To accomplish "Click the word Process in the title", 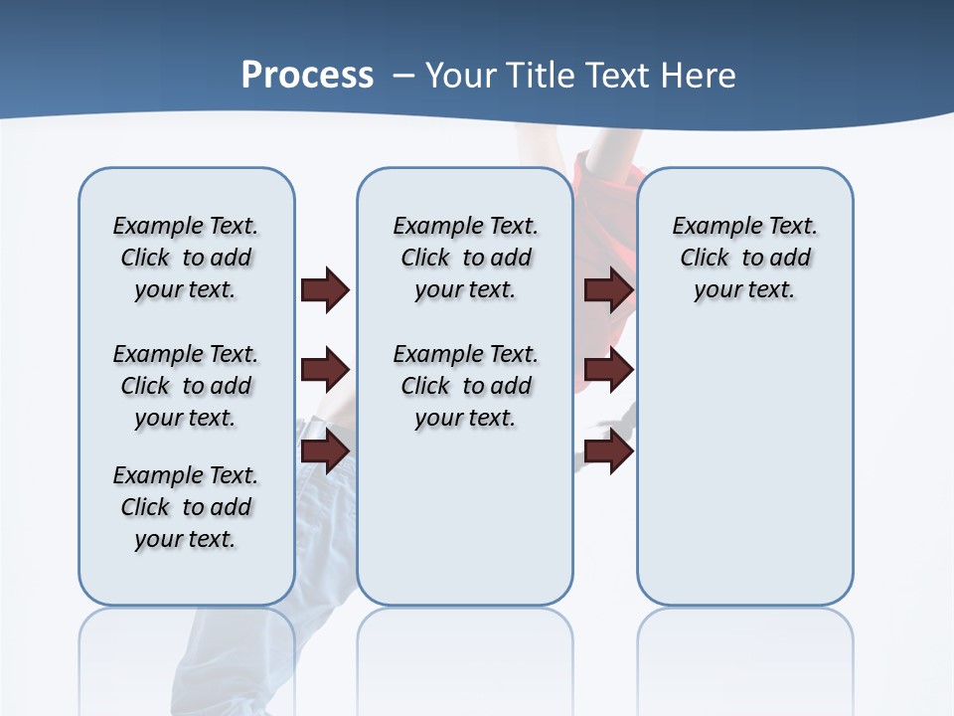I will (x=307, y=75).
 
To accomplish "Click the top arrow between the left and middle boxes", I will (x=325, y=289).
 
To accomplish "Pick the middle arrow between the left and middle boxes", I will (x=325, y=371).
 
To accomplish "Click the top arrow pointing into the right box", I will (x=608, y=289).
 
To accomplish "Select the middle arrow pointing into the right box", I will (x=608, y=371).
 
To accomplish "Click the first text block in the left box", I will (x=186, y=258).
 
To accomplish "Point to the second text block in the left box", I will (x=186, y=386).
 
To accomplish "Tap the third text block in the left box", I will (x=186, y=507).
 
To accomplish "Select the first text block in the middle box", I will (x=465, y=258).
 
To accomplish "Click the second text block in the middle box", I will (x=465, y=386).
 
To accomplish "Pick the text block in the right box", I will (x=744, y=258).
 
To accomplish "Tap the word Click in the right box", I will (x=705, y=259).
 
